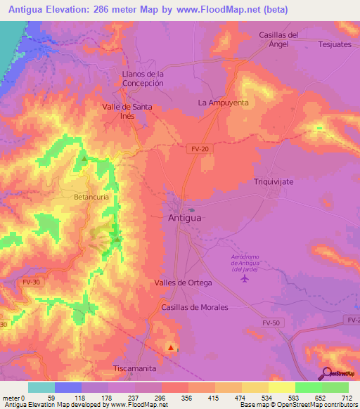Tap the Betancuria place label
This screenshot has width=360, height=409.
91,197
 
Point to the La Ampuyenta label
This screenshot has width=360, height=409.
223,102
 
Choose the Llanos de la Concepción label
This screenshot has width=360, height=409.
143,78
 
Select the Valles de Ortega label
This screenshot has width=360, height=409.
183,283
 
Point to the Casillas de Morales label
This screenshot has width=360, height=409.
195,307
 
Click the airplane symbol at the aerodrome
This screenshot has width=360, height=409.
245,279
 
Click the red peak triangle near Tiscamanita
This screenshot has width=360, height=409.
170,346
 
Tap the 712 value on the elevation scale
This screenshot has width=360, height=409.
345,398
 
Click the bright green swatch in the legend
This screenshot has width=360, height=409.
308,387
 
